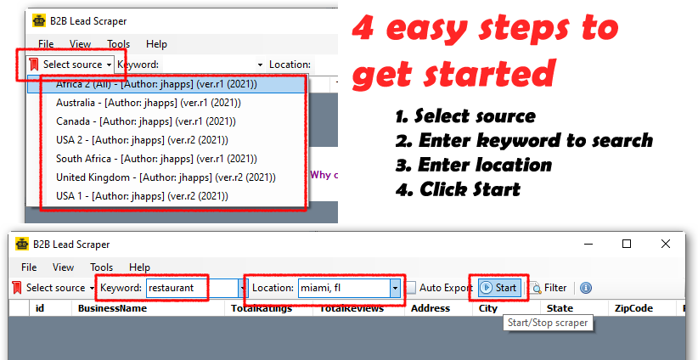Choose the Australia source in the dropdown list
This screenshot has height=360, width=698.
pos(149,103)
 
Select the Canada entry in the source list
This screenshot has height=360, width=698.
pos(146,121)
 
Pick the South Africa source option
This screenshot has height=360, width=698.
pos(156,159)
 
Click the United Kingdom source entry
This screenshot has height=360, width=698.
pos(166,177)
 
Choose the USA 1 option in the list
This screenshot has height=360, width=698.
pos(142,196)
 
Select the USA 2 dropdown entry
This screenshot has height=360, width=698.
pos(142,140)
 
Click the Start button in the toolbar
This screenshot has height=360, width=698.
pos(499,288)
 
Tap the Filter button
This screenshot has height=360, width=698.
pos(548,288)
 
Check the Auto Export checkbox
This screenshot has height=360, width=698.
pos(411,288)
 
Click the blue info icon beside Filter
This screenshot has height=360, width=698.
pos(586,288)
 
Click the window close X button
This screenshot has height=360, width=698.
pos(666,244)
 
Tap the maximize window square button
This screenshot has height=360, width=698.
pos(627,244)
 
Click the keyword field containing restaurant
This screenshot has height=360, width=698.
pos(192,288)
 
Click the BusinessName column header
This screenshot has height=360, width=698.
pos(112,308)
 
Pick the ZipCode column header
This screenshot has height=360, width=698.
pos(634,308)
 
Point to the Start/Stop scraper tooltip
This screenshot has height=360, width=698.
pos(548,323)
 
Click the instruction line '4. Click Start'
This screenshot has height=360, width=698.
pos(458,189)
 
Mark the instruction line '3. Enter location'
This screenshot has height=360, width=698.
pos(474,165)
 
